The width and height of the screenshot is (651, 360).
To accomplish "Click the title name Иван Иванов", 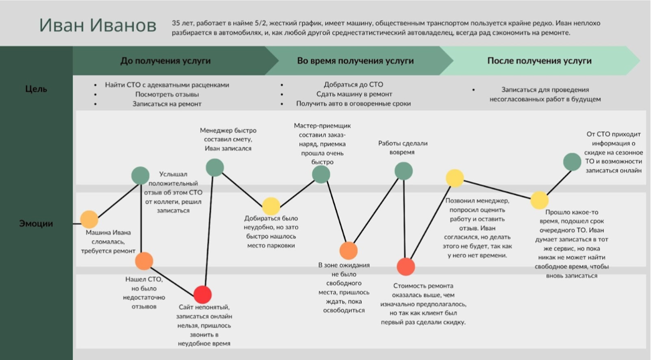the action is pyautogui.click(x=98, y=25).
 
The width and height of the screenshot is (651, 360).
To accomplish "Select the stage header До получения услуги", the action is pyautogui.click(x=165, y=61).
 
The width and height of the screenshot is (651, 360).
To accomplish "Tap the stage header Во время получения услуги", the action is pyautogui.click(x=355, y=61).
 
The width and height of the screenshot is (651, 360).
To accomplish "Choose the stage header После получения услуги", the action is pyautogui.click(x=539, y=61).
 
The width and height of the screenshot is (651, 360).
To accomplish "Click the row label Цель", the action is pyautogui.click(x=36, y=89).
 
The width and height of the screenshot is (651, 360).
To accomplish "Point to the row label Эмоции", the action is pyautogui.click(x=36, y=223).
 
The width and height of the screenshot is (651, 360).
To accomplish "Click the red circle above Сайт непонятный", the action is pyautogui.click(x=203, y=295).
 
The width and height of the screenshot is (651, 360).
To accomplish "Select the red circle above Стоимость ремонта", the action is pyautogui.click(x=406, y=266).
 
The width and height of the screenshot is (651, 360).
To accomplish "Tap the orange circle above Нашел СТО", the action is pyautogui.click(x=144, y=261).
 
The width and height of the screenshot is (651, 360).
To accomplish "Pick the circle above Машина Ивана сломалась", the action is pyautogui.click(x=89, y=219).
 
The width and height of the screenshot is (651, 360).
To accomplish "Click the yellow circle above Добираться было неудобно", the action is pyautogui.click(x=271, y=206).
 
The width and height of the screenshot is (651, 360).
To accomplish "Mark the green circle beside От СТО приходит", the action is pyautogui.click(x=572, y=162).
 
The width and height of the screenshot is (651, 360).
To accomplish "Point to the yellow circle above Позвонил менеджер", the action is pyautogui.click(x=455, y=178).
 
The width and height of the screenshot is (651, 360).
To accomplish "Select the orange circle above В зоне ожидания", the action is pyautogui.click(x=348, y=250).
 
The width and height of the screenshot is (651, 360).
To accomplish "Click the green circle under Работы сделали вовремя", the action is pyautogui.click(x=404, y=171).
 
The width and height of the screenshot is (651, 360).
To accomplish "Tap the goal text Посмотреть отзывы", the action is pyautogui.click(x=167, y=95).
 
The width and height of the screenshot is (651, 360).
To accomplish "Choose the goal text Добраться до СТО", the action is pyautogui.click(x=354, y=84).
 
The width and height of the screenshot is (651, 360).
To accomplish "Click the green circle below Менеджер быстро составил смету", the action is pyautogui.click(x=215, y=168).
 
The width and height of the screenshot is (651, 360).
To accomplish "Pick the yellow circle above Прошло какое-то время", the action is pyautogui.click(x=540, y=200).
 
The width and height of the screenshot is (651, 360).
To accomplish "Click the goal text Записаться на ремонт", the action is pyautogui.click(x=167, y=104).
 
